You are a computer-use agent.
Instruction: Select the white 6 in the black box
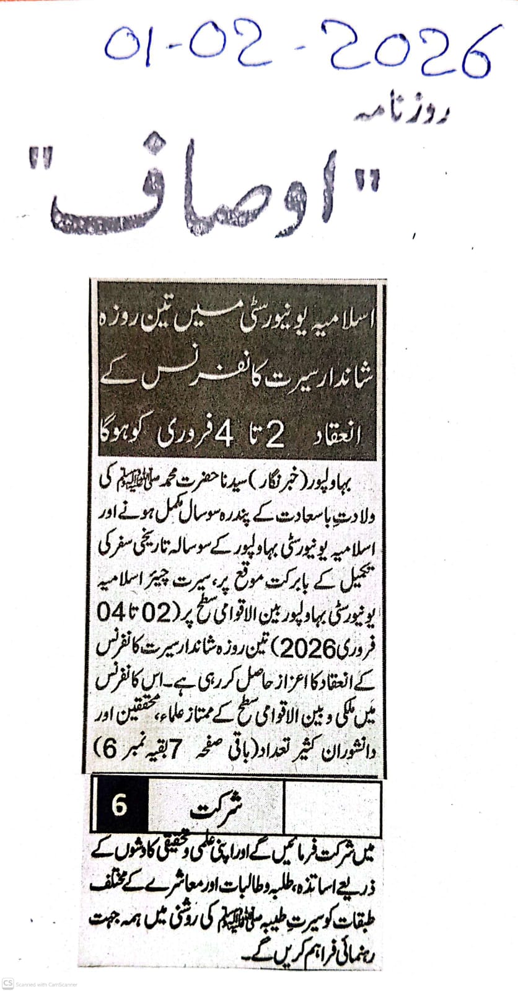pos(119,806)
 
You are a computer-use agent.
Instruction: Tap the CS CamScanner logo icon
pos(7,984)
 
